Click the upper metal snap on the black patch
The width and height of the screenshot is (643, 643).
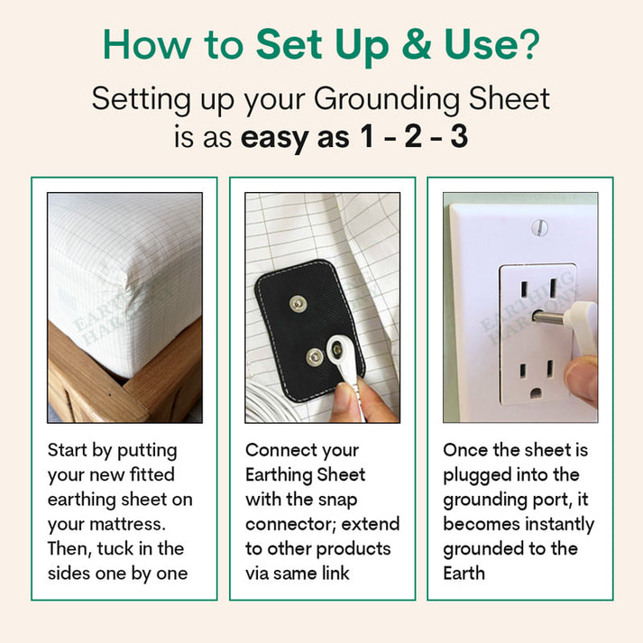[x=297, y=305]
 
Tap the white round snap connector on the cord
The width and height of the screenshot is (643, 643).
[x=340, y=347]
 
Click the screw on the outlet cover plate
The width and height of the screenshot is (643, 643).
[x=540, y=227]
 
